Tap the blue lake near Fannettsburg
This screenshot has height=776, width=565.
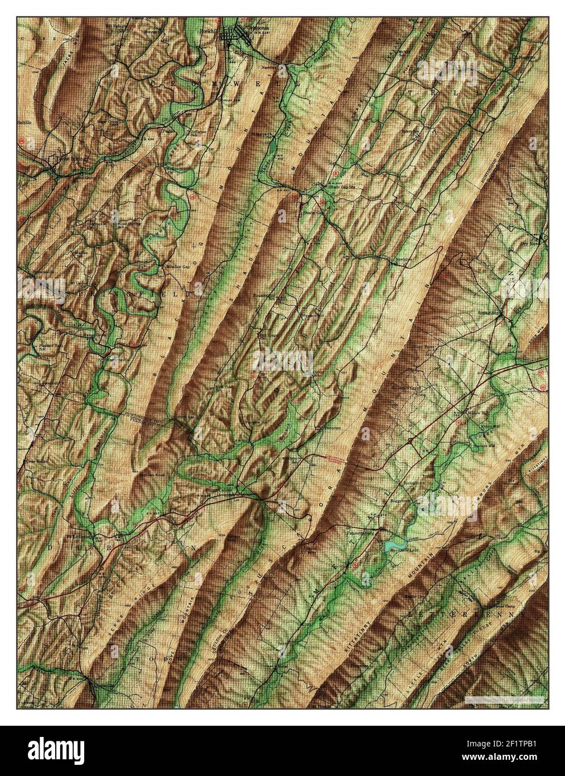coord(394,543)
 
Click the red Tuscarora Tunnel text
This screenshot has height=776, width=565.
coord(332,458)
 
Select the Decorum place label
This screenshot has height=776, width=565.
coord(325,429)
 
